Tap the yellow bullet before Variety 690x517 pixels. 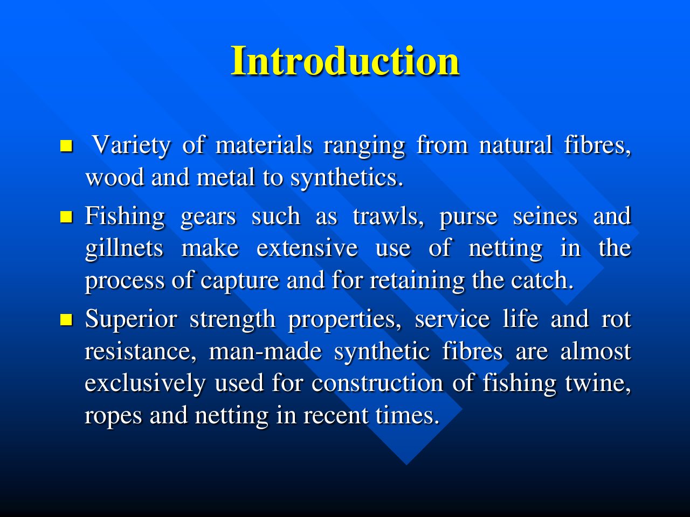66,146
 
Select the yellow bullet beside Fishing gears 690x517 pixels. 66,216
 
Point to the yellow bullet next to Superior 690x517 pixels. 66,319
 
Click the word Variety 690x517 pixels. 132,145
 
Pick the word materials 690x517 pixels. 264,145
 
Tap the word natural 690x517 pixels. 515,145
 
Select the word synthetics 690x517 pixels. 347,178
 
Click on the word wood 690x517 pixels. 115,177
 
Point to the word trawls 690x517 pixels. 388,216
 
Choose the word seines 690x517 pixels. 545,216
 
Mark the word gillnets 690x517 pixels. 124,249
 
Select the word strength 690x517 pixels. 233,320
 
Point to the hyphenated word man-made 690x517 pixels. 265,351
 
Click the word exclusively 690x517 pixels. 145,384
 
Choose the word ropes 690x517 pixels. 113,416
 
